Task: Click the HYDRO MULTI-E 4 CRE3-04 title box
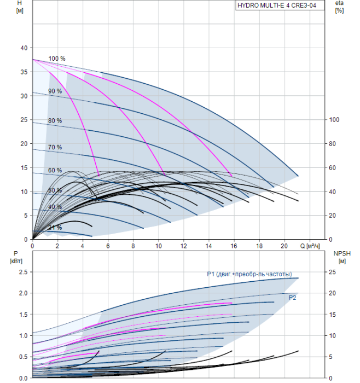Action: click(277, 6)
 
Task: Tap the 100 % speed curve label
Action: click(57, 59)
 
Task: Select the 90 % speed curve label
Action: click(55, 91)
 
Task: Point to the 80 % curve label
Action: click(55, 120)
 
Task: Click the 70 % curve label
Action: click(55, 147)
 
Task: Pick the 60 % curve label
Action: click(55, 171)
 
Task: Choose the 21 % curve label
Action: click(55, 227)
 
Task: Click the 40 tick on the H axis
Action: click(24, 48)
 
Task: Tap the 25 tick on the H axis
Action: click(24, 120)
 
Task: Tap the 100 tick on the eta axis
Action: click(337, 120)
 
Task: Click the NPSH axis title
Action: click(340, 257)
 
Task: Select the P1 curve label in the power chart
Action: click(249, 274)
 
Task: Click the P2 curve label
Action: click(293, 297)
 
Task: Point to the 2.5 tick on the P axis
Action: click(22, 272)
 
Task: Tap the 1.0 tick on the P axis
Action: click(22, 335)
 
